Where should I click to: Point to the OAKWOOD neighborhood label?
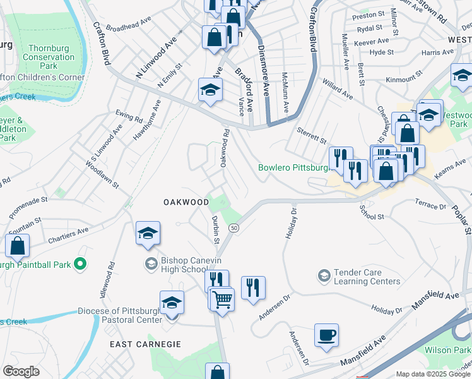[x=186, y=202]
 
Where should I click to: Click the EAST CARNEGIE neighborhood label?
[x=145, y=344]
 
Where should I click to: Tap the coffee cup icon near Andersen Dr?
[x=326, y=335]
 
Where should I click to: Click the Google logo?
[x=20, y=371]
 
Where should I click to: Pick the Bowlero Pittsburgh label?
[x=294, y=168]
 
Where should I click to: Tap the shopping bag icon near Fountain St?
[x=18, y=246]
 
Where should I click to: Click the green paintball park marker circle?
[x=80, y=263]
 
